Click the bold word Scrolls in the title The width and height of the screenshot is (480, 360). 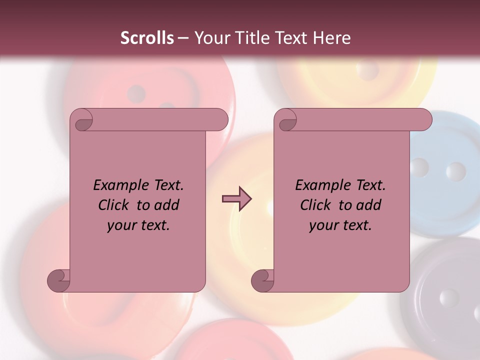[147, 38]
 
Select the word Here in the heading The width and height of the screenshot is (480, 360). [331, 38]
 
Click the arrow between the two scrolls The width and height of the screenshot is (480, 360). [236, 199]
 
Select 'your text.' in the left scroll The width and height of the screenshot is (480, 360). [138, 225]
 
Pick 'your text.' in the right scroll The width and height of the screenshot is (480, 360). [340, 225]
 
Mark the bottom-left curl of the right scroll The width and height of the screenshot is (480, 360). [263, 280]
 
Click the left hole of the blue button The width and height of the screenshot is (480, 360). [419, 167]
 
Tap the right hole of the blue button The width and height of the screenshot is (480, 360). [455, 171]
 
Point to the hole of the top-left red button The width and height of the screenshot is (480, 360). [136, 93]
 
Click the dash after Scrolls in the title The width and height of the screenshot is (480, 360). [183, 38]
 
